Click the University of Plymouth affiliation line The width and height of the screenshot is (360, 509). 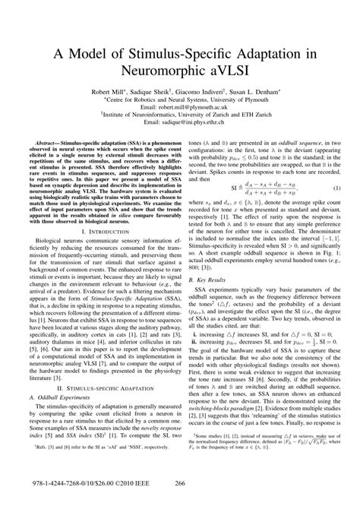coord(179,98)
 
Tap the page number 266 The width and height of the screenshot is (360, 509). coord(180,501)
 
